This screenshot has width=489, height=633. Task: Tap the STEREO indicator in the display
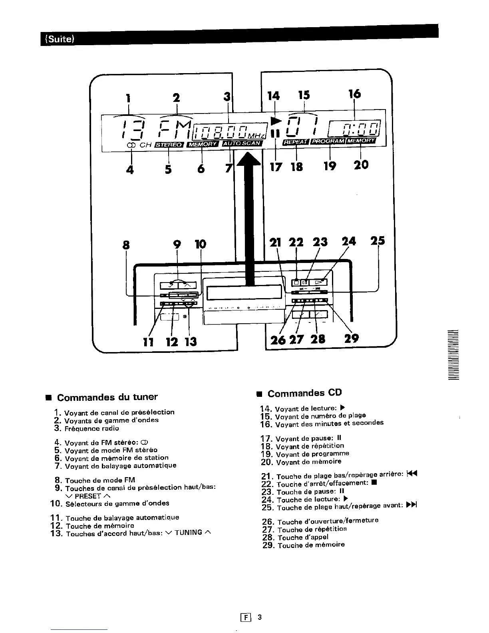(x=168, y=144)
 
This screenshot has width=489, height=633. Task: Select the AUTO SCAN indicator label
(x=242, y=143)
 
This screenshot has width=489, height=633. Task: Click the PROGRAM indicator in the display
(x=328, y=141)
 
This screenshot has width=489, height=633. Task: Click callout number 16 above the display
(x=354, y=94)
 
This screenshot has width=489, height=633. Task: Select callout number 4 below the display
(x=129, y=169)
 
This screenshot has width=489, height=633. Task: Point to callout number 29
(x=351, y=338)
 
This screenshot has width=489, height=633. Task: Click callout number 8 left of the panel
(x=126, y=245)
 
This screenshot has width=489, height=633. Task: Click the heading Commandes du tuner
(x=107, y=397)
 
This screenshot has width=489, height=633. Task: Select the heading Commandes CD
(x=304, y=393)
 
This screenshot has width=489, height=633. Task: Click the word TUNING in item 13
(x=188, y=533)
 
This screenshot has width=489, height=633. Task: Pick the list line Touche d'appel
(x=303, y=537)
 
